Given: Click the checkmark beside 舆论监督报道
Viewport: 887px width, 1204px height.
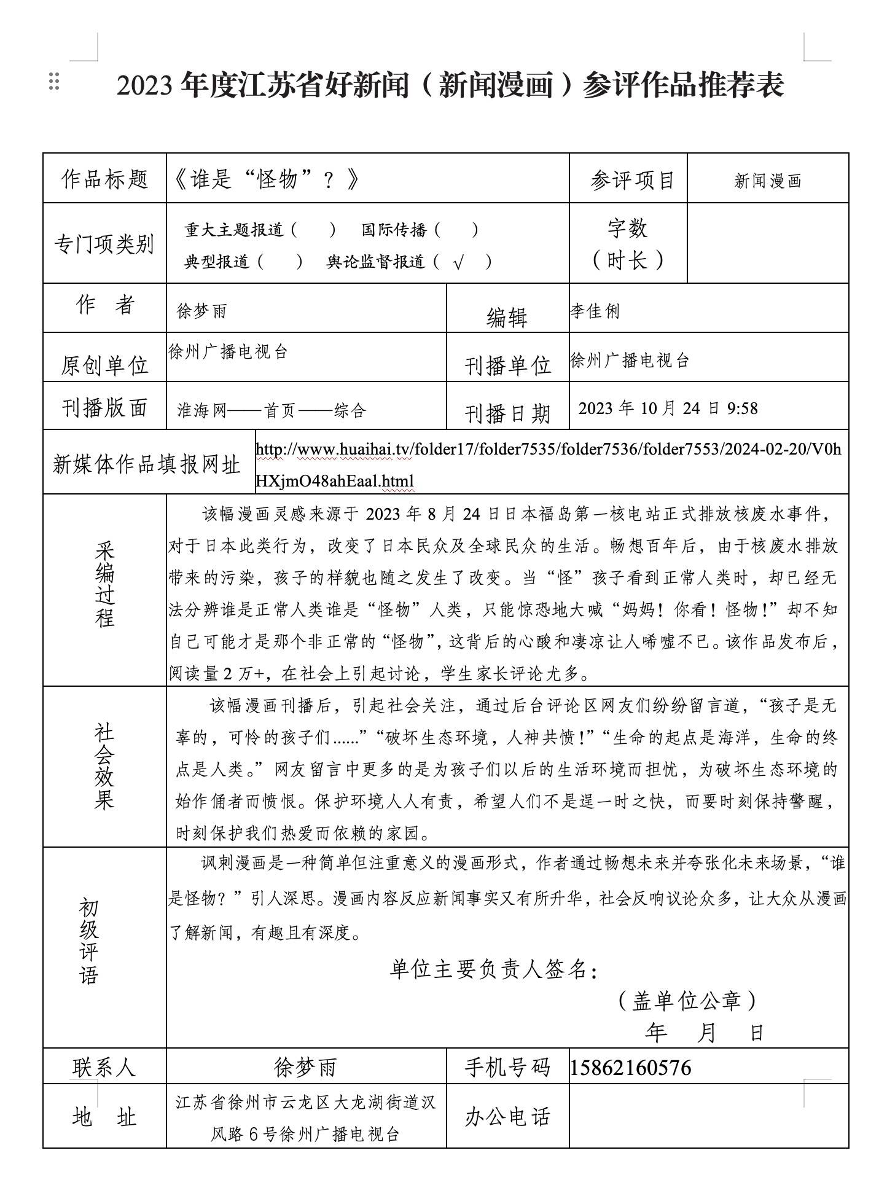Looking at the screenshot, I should tap(458, 264).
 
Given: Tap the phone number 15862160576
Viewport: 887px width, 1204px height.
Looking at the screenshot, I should tap(630, 1068).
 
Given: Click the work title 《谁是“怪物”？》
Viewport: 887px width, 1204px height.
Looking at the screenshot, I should tap(266, 179).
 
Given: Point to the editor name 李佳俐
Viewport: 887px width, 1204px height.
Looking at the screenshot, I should tap(595, 311).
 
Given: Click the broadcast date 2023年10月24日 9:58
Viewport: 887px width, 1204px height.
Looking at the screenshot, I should tap(668, 408).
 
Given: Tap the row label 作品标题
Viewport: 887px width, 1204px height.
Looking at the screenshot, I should tap(104, 179).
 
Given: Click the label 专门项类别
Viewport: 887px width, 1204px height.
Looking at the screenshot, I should tap(104, 244).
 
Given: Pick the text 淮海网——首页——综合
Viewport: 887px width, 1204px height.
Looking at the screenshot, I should tap(271, 410).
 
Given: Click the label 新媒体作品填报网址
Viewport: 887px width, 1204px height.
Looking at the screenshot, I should tap(146, 464).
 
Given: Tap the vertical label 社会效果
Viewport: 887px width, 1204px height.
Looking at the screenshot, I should tap(104, 766).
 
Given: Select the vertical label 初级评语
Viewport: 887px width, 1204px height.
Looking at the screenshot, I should tap(88, 942).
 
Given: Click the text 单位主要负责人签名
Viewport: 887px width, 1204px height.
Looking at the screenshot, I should tap(493, 969).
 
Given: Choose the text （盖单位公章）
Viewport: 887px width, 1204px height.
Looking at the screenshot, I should tap(687, 1001).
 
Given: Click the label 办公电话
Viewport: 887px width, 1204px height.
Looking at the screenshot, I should tap(507, 1117).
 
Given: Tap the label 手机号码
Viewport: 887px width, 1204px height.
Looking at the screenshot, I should tap(507, 1068).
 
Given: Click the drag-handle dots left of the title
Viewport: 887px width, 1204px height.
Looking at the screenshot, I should tap(54, 82).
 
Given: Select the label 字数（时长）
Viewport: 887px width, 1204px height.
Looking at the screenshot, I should tap(627, 244).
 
